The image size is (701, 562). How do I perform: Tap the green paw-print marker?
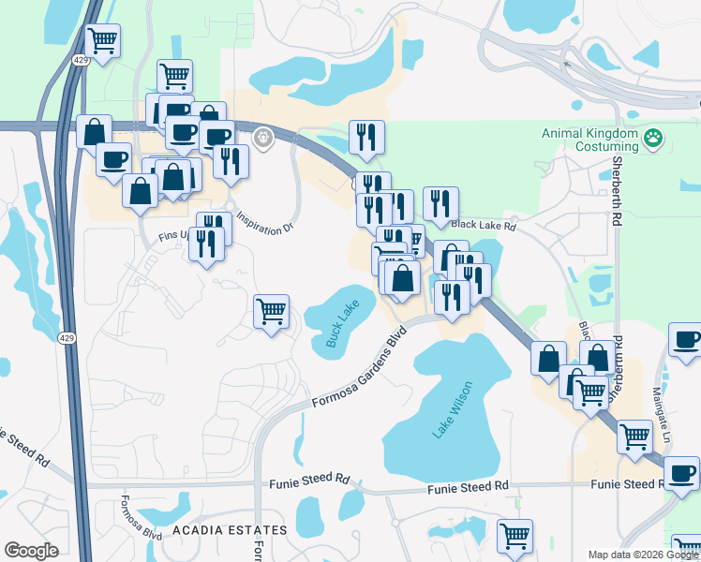pos(653,140)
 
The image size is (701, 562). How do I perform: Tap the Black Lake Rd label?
pos(484,226)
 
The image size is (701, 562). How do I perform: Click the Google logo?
pos(31,551)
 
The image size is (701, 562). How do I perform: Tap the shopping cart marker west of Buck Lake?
pos(271,310)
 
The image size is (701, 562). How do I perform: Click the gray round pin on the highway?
pos(263,139)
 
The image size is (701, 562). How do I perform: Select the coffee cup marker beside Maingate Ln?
pos(685,339)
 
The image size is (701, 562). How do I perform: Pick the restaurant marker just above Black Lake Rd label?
pos(440,203)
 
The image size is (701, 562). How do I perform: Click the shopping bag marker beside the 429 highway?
pos(94,132)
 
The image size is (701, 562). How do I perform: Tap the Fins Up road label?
pos(175,239)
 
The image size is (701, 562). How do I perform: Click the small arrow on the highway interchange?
pos(565,64)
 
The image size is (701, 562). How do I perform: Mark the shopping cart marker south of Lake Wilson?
pos(515,537)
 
